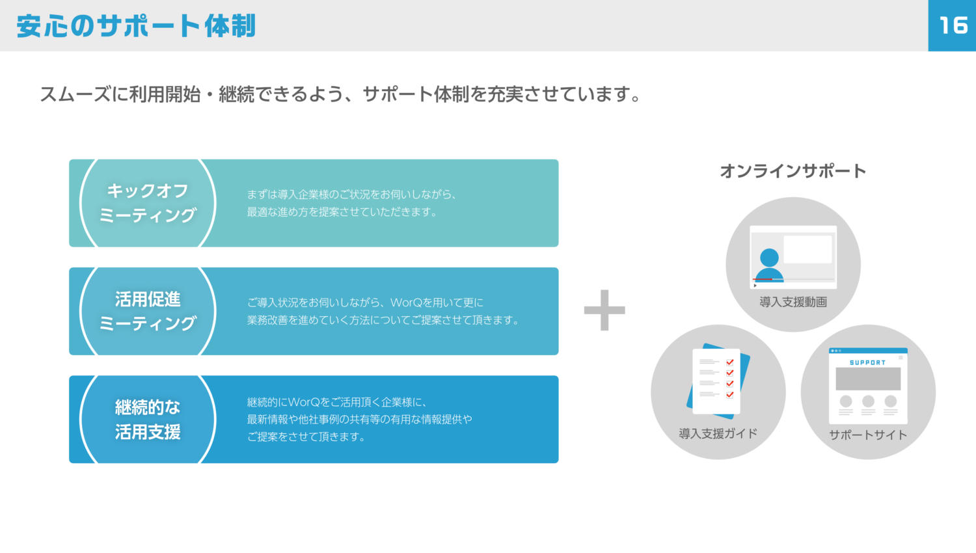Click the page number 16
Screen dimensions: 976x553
click(x=953, y=25)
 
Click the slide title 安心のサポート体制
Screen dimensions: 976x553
click(x=136, y=26)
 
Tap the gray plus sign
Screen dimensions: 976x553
click(x=604, y=310)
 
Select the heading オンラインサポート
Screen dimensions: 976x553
click(x=793, y=171)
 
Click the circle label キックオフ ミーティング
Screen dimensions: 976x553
click(x=148, y=203)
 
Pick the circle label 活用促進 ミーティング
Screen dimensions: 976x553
click(x=148, y=311)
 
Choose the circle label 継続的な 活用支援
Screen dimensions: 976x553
click(x=148, y=420)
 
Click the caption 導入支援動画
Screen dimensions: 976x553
click(x=793, y=302)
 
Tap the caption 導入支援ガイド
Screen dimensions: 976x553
click(x=718, y=433)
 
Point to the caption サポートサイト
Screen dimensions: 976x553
click(x=868, y=435)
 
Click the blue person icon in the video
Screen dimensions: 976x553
click(x=769, y=265)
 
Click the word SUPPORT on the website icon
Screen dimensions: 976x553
click(x=867, y=362)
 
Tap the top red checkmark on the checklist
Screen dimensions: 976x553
click(x=730, y=362)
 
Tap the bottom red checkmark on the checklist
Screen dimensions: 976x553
click(x=730, y=395)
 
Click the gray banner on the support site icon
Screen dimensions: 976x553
click(x=868, y=379)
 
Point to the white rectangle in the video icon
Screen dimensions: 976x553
click(x=808, y=249)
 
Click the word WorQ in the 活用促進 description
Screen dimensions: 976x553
click(x=409, y=303)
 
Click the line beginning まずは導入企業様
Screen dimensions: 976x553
click(x=351, y=195)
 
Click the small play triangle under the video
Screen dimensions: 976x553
click(x=755, y=286)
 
